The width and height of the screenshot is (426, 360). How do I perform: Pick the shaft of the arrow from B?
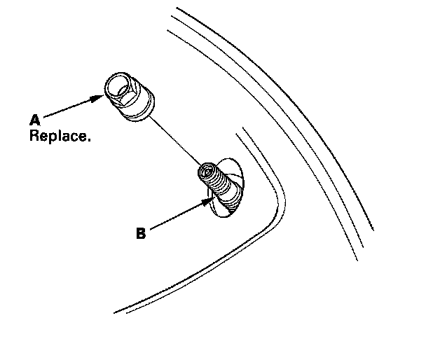click(x=175, y=216)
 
